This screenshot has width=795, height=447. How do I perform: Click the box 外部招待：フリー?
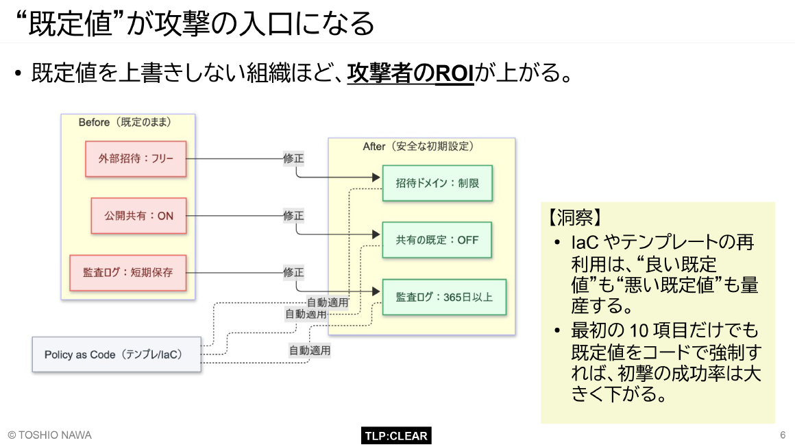[x=136, y=158]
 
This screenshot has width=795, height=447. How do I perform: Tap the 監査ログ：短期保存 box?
[x=127, y=272]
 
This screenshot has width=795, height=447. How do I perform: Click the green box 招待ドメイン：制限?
[x=437, y=183]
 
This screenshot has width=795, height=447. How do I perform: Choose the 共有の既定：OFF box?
[x=437, y=240]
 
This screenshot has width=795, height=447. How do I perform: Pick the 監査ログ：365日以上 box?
[x=443, y=297]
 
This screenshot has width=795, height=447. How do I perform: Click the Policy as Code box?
[x=117, y=354]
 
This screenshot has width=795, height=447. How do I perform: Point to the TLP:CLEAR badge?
[x=396, y=435]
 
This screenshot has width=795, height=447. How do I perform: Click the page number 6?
[x=782, y=435]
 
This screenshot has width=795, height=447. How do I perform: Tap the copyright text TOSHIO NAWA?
[x=49, y=435]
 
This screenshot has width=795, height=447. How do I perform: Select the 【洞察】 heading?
[x=574, y=218]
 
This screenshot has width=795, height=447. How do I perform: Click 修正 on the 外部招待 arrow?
[x=293, y=158]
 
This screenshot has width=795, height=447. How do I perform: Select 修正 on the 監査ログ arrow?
[x=293, y=272]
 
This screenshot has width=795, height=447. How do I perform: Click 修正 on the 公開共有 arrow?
[x=293, y=215]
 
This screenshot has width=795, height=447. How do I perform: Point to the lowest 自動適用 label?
[x=310, y=350]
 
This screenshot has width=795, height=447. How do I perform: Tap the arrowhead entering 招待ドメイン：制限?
[x=376, y=178]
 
